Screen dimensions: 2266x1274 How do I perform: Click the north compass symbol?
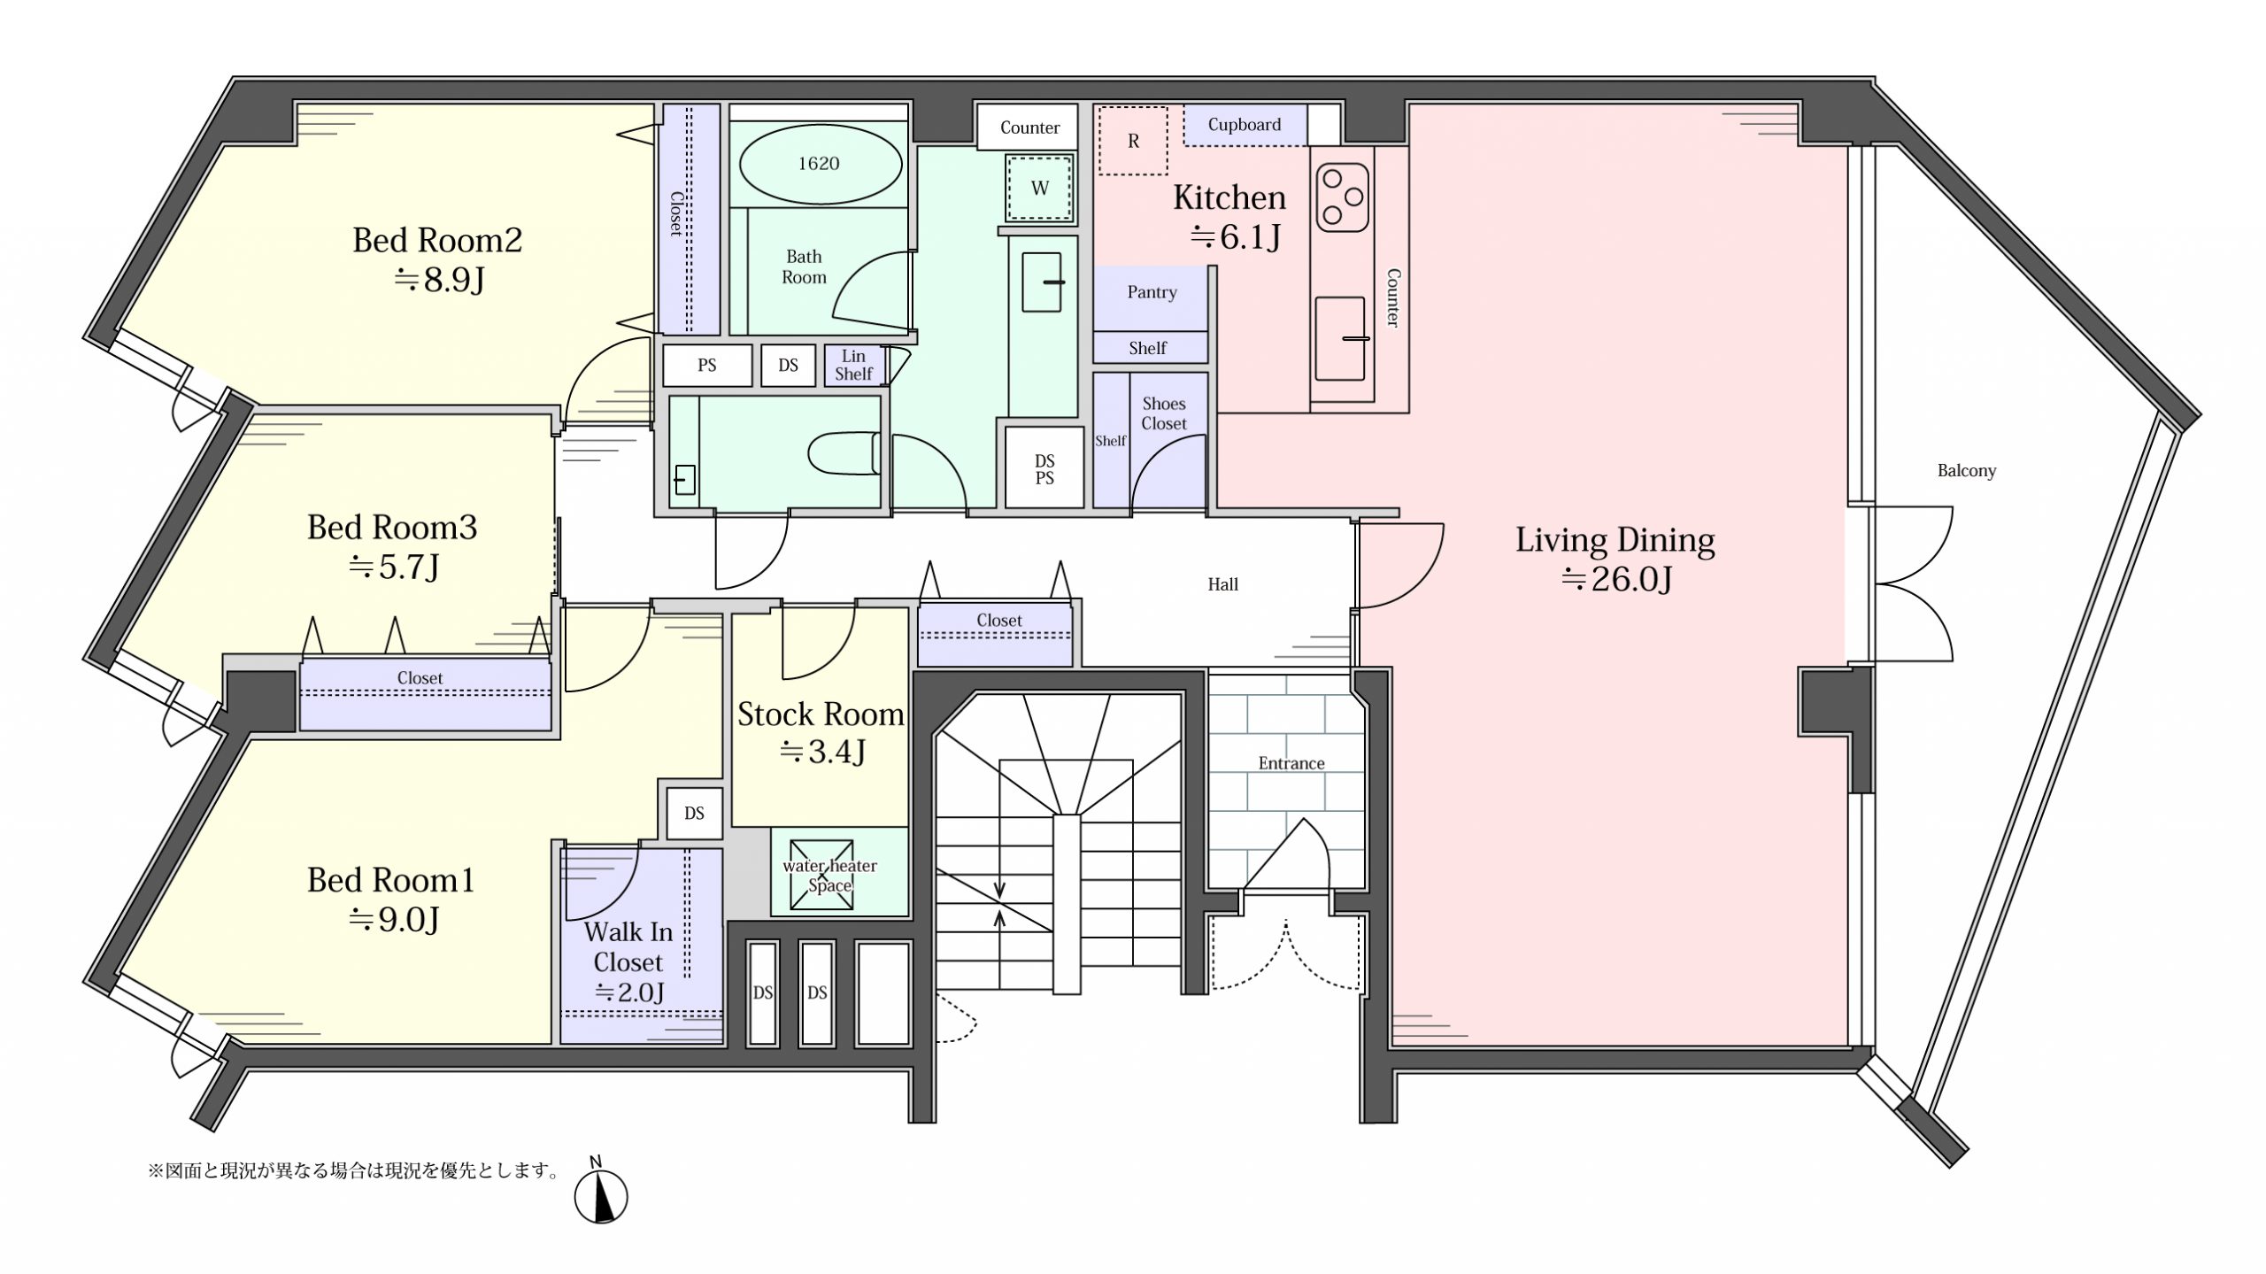click(601, 1195)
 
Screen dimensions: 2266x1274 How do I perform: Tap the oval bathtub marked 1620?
click(820, 164)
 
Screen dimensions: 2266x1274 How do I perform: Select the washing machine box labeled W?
click(1040, 188)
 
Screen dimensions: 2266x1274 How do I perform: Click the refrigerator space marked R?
click(1133, 141)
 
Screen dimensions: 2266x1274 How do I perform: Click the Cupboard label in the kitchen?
click(1245, 125)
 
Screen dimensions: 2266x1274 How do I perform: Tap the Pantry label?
click(1152, 292)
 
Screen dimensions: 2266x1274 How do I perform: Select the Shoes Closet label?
click(1163, 413)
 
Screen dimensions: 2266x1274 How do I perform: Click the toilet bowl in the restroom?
click(844, 453)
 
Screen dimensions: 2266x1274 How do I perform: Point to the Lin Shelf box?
click(854, 365)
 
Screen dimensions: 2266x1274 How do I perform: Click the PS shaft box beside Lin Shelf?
click(707, 365)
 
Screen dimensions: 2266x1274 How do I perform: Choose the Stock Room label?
click(821, 714)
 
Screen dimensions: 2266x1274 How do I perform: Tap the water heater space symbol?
click(822, 875)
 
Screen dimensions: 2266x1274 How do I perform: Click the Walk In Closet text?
click(628, 946)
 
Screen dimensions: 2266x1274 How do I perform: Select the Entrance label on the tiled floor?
click(1291, 763)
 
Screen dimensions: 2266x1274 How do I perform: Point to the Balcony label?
click(1967, 471)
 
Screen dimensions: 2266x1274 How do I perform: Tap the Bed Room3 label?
click(392, 528)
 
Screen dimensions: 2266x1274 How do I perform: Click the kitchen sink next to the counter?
click(1340, 338)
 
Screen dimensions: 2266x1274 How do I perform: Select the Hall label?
click(1223, 584)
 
